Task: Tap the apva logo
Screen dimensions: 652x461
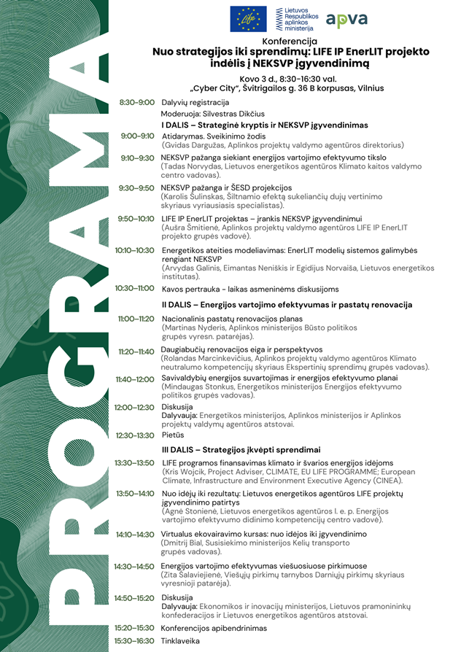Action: click(x=347, y=20)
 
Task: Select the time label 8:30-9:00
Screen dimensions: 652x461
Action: click(x=137, y=102)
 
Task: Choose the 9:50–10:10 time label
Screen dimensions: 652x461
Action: click(x=136, y=218)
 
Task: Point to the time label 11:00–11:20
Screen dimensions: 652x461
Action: click(x=136, y=319)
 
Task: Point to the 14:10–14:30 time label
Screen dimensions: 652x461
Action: click(x=136, y=534)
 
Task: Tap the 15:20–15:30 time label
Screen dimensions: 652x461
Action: click(x=135, y=627)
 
